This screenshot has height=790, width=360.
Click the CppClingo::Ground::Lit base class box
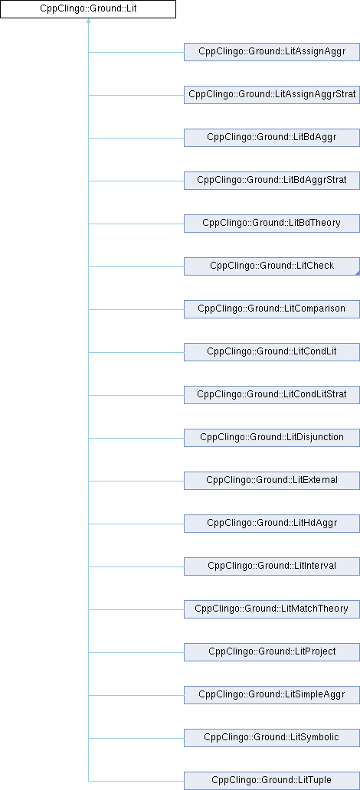pyautogui.click(x=88, y=9)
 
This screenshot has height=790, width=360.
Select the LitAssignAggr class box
pyautogui.click(x=272, y=52)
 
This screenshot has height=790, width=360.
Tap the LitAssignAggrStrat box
pyautogui.click(x=272, y=95)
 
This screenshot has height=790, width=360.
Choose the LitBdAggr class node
pyautogui.click(x=272, y=138)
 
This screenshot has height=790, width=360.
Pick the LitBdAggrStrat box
pyautogui.click(x=272, y=181)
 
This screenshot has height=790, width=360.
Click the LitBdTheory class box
pyautogui.click(x=272, y=224)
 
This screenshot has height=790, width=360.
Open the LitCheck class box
pyautogui.click(x=272, y=266)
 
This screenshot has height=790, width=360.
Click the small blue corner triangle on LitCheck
pyautogui.click(x=357, y=273)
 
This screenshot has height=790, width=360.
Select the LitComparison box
pyautogui.click(x=272, y=308)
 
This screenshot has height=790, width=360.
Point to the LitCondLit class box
pyautogui.click(x=272, y=351)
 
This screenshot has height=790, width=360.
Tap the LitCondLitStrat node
pyautogui.click(x=272, y=394)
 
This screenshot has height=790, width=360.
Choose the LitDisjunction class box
pyautogui.click(x=272, y=437)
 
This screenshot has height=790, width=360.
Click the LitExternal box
pyautogui.click(x=272, y=480)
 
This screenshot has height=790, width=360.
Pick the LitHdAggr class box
pyautogui.click(x=272, y=523)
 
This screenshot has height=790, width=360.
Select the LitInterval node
pyautogui.click(x=272, y=566)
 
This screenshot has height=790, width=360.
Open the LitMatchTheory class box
pyautogui.click(x=272, y=609)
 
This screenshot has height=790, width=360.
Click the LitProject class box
pyautogui.click(x=272, y=651)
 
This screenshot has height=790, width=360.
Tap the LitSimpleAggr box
pyautogui.click(x=272, y=694)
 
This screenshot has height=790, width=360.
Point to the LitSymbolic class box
pyautogui.click(x=272, y=737)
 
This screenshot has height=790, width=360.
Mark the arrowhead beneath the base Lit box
pyautogui.click(x=88, y=21)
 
